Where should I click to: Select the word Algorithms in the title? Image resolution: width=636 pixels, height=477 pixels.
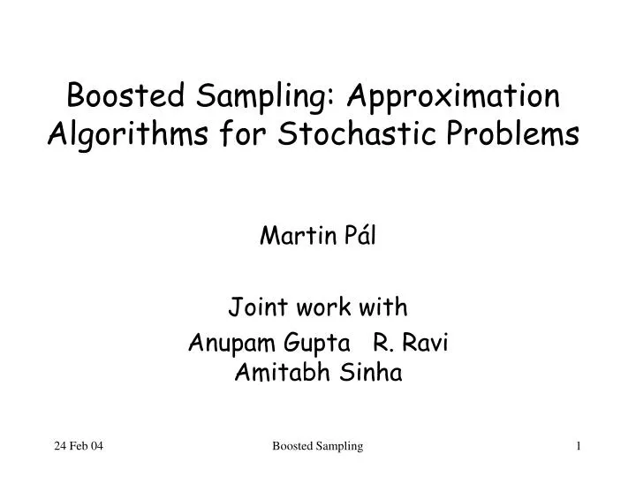(x=120, y=135)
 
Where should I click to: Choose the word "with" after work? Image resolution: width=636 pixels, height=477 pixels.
(x=386, y=307)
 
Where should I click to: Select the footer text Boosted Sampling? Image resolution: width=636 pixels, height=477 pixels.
(x=318, y=448)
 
